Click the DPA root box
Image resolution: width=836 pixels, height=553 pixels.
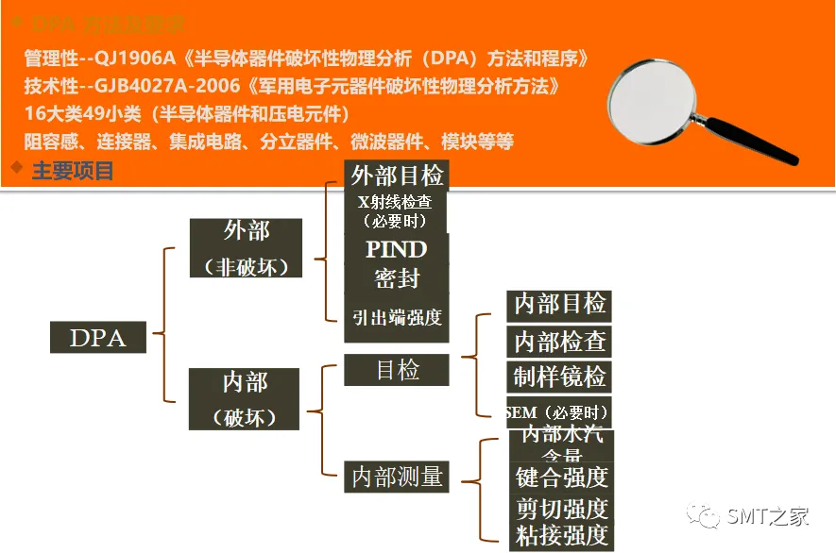[x=98, y=337]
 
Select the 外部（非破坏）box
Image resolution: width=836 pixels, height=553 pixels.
[x=246, y=248]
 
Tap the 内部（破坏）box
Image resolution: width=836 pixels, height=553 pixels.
[x=245, y=398]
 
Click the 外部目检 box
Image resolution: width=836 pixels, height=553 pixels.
[x=397, y=176]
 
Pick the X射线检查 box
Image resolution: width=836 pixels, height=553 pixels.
[x=395, y=211]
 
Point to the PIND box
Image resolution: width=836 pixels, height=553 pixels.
[x=396, y=249]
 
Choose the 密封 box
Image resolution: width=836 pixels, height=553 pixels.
[x=396, y=278]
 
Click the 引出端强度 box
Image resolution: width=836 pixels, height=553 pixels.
[x=396, y=317]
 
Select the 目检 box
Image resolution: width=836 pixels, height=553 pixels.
[x=396, y=369]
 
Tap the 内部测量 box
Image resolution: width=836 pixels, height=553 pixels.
[x=397, y=477]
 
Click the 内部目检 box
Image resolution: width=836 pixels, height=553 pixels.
[x=559, y=305]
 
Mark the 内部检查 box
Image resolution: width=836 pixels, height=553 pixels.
[x=559, y=341]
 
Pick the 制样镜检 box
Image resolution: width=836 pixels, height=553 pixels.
[x=559, y=376]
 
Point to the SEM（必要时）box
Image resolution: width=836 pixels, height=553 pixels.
[x=558, y=411]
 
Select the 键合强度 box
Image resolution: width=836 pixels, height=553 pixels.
[x=561, y=477]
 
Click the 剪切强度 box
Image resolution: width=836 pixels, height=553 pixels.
[x=561, y=509]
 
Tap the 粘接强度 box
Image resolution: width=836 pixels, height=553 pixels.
[x=561, y=536]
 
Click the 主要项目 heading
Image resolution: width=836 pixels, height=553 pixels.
[x=73, y=171]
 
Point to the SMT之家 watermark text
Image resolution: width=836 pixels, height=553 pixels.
[x=767, y=517]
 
